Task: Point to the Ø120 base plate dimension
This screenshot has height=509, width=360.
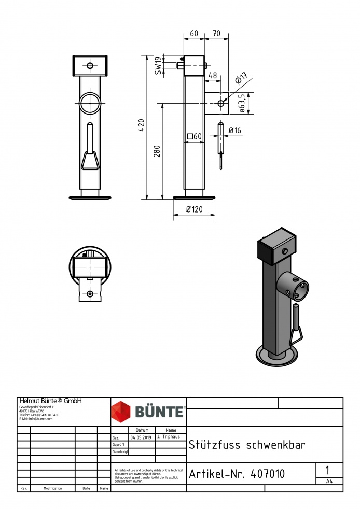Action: pyautogui.click(x=194, y=210)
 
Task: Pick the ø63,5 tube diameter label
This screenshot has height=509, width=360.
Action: pyautogui.click(x=242, y=103)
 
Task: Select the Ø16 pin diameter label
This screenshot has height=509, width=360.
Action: pyautogui.click(x=235, y=131)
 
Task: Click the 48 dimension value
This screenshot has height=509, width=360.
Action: pyautogui.click(x=212, y=76)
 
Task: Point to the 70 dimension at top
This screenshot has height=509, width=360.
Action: pyautogui.click(x=216, y=34)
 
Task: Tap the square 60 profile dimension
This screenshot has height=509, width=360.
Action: pyautogui.click(x=195, y=136)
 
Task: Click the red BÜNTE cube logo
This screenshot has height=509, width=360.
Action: pyautogui.click(x=122, y=412)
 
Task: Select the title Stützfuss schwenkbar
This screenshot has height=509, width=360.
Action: pyautogui.click(x=247, y=445)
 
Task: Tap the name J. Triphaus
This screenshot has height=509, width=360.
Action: pyautogui.click(x=170, y=437)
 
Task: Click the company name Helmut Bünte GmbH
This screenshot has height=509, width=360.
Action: pyautogui.click(x=50, y=401)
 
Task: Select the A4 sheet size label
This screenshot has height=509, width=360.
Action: pyautogui.click(x=329, y=482)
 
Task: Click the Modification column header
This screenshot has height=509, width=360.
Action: pyautogui.click(x=53, y=488)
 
